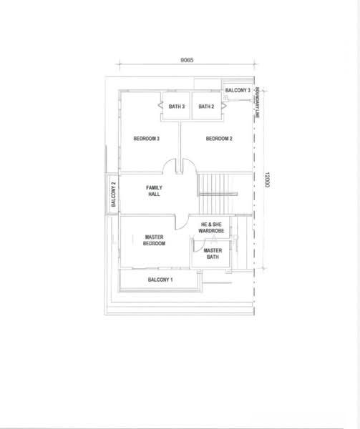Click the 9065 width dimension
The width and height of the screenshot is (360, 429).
(187, 60)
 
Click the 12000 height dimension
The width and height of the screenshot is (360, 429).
(267, 179)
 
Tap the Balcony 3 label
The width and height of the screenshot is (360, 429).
(238, 90)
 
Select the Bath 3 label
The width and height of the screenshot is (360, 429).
(177, 106)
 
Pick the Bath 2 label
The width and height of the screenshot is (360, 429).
(206, 106)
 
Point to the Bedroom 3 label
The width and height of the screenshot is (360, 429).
(147, 139)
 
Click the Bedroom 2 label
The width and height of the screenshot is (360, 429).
(219, 139)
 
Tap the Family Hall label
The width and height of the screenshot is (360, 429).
(154, 191)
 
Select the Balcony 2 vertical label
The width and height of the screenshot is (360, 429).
(114, 194)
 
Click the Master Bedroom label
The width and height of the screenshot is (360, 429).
(154, 240)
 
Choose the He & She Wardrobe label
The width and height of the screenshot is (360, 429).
(211, 227)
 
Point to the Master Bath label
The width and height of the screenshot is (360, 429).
(213, 254)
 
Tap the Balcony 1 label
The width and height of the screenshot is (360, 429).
(160, 280)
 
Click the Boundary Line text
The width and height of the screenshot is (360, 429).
(257, 102)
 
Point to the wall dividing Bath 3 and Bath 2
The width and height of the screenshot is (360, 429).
(191, 106)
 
